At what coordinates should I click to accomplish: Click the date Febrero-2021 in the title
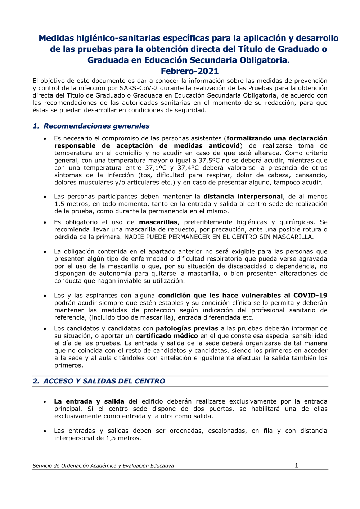point(189,71)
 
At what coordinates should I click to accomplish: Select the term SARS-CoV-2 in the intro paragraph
point(139,88)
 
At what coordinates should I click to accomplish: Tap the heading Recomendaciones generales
point(96,126)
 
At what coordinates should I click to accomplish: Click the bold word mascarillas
point(158,222)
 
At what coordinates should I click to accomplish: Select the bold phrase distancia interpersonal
point(243,197)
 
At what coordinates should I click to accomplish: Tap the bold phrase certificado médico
point(166,336)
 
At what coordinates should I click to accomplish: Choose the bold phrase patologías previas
point(187,329)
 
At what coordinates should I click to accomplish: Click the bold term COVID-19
point(310,296)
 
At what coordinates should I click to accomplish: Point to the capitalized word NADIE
point(134,237)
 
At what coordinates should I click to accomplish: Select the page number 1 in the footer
point(296,465)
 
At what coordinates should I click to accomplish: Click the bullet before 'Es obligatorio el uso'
point(45,222)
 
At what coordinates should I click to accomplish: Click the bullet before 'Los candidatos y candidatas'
point(45,329)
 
